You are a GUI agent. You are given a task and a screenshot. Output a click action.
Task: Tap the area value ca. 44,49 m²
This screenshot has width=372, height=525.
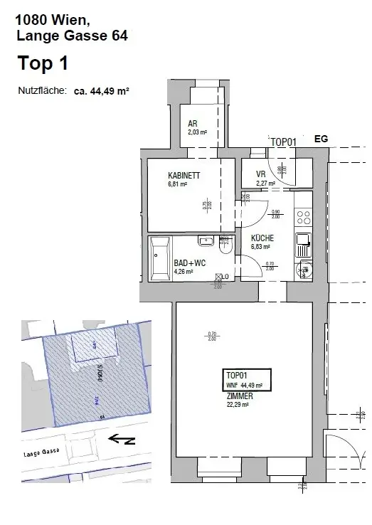pyautogui.click(x=100, y=91)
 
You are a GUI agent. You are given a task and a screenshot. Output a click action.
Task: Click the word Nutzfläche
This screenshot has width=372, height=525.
pyautogui.click(x=42, y=91)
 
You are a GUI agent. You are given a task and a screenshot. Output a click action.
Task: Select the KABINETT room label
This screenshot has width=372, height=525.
pyautogui.click(x=183, y=176)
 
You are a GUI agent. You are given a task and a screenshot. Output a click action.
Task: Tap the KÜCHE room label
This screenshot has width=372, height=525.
pyautogui.click(x=262, y=238)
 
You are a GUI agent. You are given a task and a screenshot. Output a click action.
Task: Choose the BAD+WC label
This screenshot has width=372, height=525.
pyautogui.click(x=189, y=262)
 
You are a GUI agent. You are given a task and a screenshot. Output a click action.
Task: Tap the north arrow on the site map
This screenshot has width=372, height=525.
pyautogui.click(x=120, y=439)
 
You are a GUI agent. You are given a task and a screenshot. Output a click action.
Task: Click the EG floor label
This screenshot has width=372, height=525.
pyautogui.click(x=321, y=139)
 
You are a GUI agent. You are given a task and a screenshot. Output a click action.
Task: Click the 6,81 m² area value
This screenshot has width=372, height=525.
pyautogui.click(x=178, y=184)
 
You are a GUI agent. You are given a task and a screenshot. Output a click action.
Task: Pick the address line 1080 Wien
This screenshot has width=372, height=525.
pyautogui.click(x=44, y=21)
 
